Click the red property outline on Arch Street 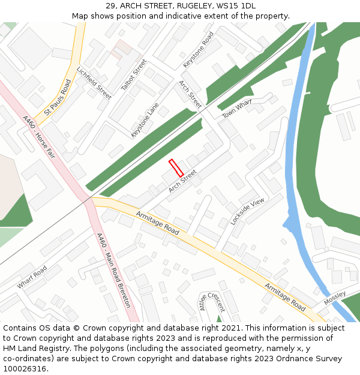176,167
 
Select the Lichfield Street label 93,83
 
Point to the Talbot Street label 133,74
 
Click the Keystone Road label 199,49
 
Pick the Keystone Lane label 145,120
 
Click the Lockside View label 247,211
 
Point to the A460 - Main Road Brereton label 113,270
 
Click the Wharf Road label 32,277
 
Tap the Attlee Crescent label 211,302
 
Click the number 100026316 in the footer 25,369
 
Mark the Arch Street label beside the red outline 182,181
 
